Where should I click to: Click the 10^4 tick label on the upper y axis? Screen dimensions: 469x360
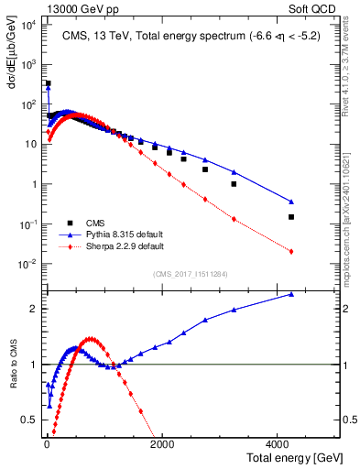(28, 25)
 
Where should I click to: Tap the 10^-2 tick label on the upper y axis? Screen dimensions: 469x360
(28, 264)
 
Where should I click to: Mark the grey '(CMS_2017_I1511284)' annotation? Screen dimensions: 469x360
(191, 274)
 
